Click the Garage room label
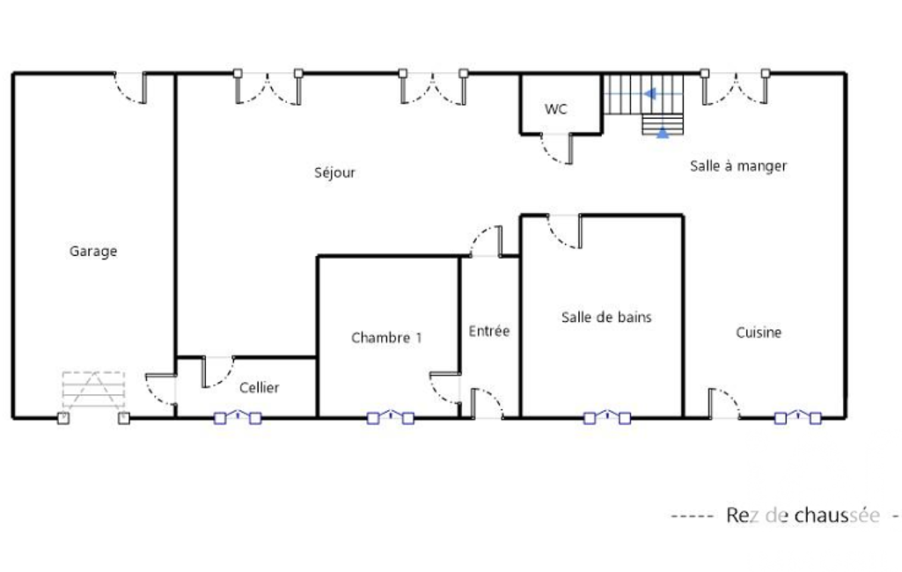[x=93, y=252]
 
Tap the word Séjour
[x=334, y=172]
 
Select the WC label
[x=555, y=109]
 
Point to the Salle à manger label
[x=738, y=166]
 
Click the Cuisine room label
[x=759, y=333]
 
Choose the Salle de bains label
[x=606, y=317]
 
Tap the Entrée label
[x=489, y=331]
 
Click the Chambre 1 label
[x=386, y=338]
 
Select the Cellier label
[x=260, y=388]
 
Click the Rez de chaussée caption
[x=803, y=516]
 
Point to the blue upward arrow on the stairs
[x=663, y=132]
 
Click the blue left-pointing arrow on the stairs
[x=650, y=93]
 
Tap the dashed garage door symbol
[x=93, y=390]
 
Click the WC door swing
[x=555, y=149]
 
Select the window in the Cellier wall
[x=238, y=417]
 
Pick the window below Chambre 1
[x=391, y=417]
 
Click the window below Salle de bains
[x=607, y=417]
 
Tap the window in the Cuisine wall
[x=798, y=417]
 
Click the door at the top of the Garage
[x=130, y=87]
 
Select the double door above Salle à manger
[x=735, y=87]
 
